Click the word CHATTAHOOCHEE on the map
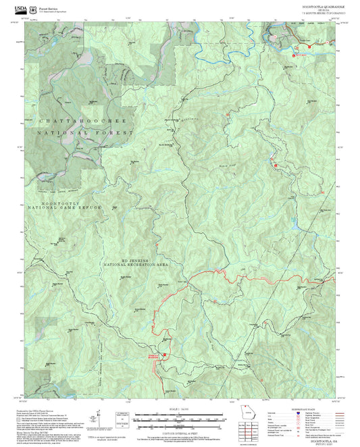[74, 121]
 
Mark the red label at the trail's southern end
[155, 357]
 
